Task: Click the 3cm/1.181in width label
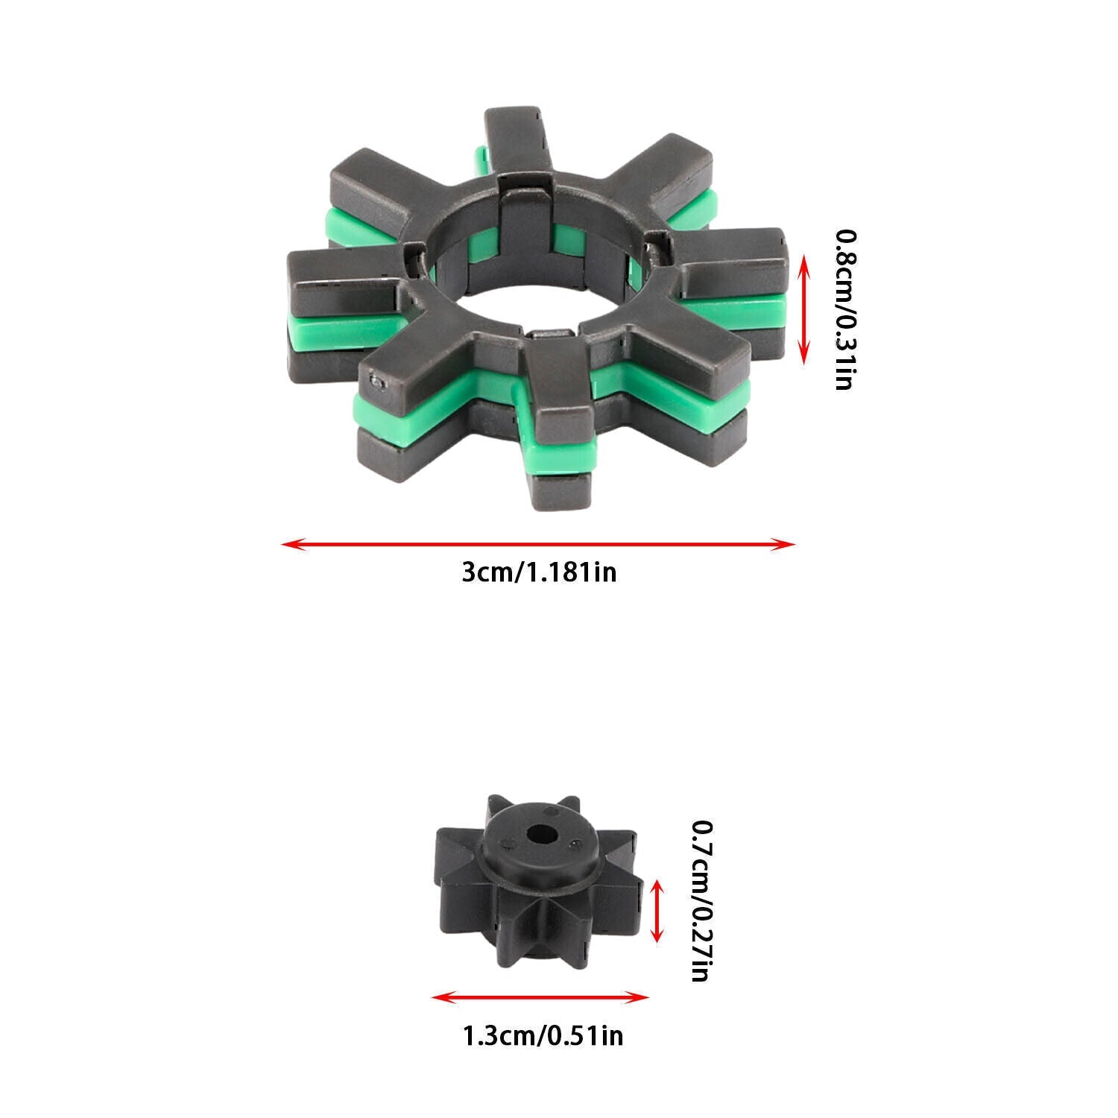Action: tap(539, 573)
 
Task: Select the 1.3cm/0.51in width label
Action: tap(543, 1036)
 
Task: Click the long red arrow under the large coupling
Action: tap(539, 544)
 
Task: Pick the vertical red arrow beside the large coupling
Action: tap(803, 309)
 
